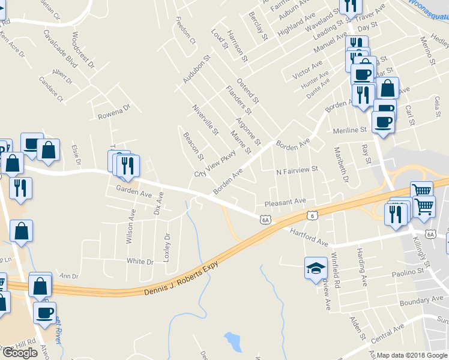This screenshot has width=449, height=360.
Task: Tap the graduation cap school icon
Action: [x=315, y=269]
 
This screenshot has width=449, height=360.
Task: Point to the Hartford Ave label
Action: [x=309, y=237]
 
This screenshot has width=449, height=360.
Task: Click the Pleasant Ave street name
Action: [x=285, y=202]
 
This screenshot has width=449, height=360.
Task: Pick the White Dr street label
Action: [x=140, y=261]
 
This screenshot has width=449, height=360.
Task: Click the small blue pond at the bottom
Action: [x=232, y=341]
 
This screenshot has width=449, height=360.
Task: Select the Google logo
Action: [x=20, y=352]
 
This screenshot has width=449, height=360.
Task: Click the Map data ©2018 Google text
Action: [x=412, y=355]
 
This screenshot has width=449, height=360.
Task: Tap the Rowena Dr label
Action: [x=114, y=112]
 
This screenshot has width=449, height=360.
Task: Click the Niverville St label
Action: [x=205, y=119]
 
